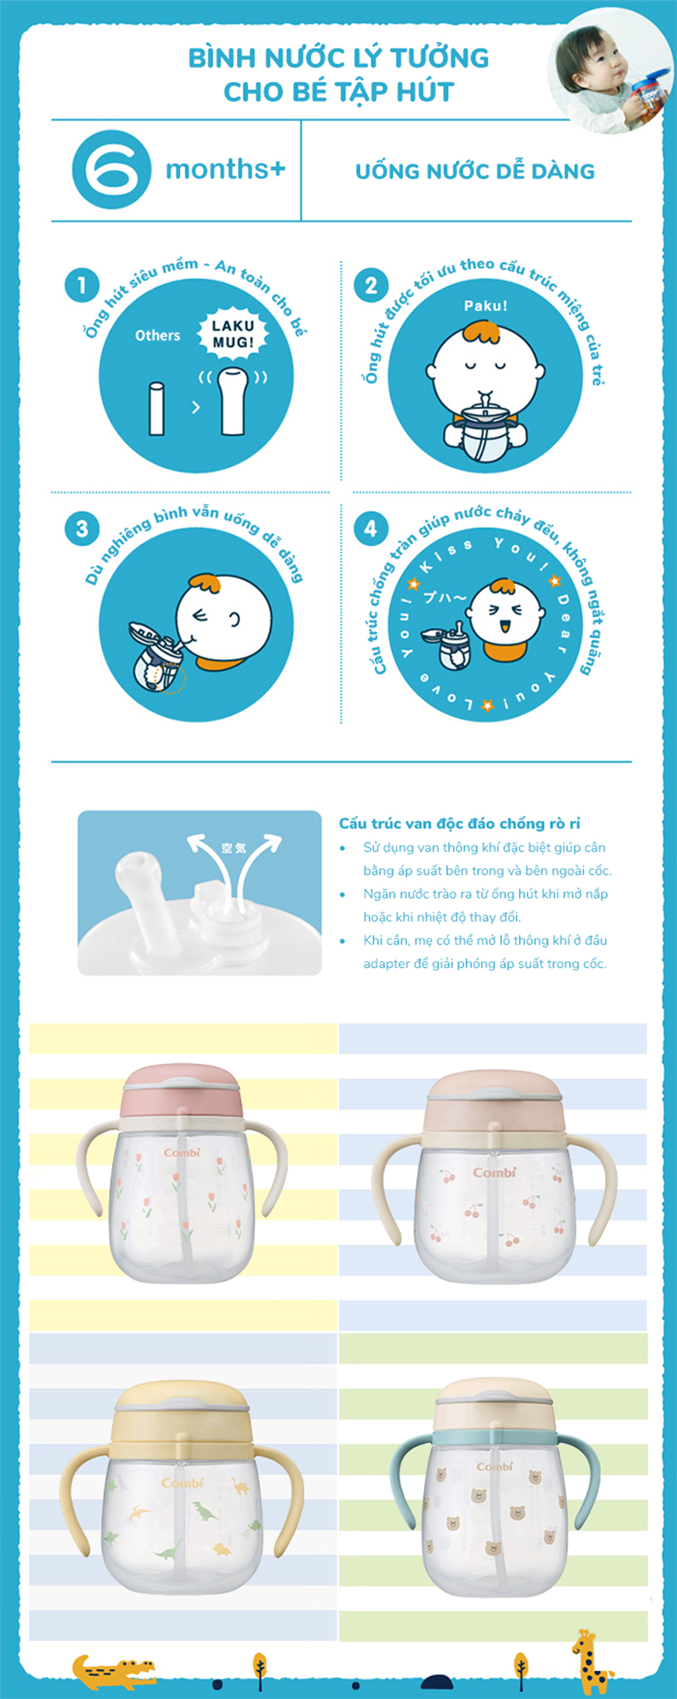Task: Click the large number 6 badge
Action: point(111,170)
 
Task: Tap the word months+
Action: point(225,169)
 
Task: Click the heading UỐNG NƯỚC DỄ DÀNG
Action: point(475,170)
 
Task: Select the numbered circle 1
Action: point(81,285)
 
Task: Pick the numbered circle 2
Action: point(370,285)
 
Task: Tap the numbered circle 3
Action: point(81,529)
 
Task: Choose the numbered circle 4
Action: point(370,529)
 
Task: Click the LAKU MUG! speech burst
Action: point(232,334)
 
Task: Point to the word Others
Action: point(157,335)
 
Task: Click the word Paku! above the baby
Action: point(486,306)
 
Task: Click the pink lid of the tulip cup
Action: point(182,1091)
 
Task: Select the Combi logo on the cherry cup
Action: point(494,1172)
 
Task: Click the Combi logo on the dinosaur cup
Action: point(182,1482)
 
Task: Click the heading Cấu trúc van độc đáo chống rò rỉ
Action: point(459,823)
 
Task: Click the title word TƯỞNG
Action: point(438,58)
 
